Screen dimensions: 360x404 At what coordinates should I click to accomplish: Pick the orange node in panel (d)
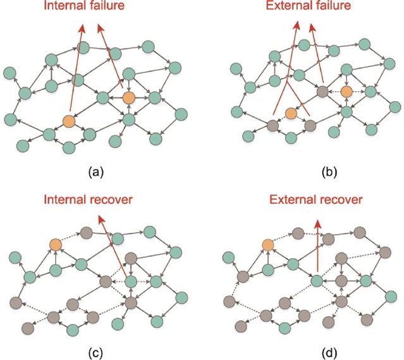[268, 245]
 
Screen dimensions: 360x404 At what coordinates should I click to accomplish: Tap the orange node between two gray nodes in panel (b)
[290, 113]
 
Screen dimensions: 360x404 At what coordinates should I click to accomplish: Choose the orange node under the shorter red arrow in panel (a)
[128, 97]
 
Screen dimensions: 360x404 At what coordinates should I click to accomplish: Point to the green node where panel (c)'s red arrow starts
[131, 281]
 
